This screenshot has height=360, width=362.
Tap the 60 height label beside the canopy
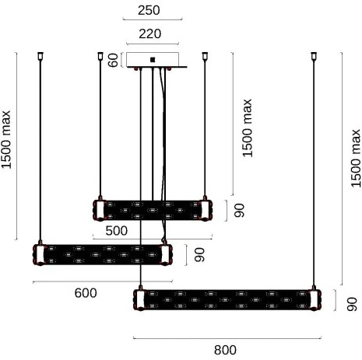click(113, 60)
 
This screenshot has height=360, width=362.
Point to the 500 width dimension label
click(117, 230)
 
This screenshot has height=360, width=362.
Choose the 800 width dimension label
click(224, 350)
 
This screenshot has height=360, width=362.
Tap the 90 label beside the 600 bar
click(199, 254)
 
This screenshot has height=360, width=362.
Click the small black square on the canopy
click(153, 58)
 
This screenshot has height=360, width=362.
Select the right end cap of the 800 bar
click(315, 299)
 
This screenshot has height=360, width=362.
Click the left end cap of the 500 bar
click(99, 209)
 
